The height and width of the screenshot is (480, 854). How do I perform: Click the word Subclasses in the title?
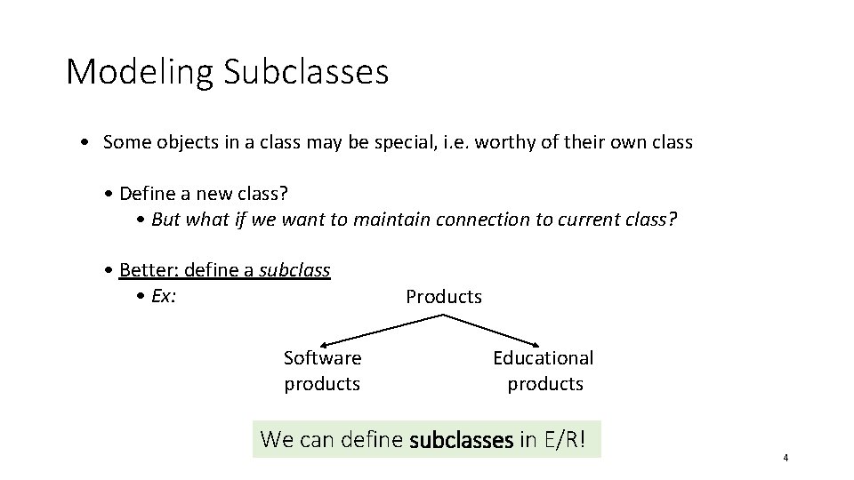[306, 71]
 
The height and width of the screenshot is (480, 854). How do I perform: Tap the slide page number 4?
[786, 458]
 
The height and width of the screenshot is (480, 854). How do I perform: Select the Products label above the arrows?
[444, 297]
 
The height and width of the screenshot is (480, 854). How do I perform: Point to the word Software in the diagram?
[322, 358]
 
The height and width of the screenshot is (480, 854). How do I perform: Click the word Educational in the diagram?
[544, 358]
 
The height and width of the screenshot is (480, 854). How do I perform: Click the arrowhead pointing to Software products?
[325, 343]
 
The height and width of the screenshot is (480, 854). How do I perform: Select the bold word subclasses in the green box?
[461, 439]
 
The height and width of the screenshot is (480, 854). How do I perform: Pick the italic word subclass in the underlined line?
[294, 270]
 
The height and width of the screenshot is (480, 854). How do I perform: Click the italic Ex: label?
[164, 297]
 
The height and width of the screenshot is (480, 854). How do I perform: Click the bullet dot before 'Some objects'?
[82, 142]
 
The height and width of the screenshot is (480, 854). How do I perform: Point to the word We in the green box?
[277, 439]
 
